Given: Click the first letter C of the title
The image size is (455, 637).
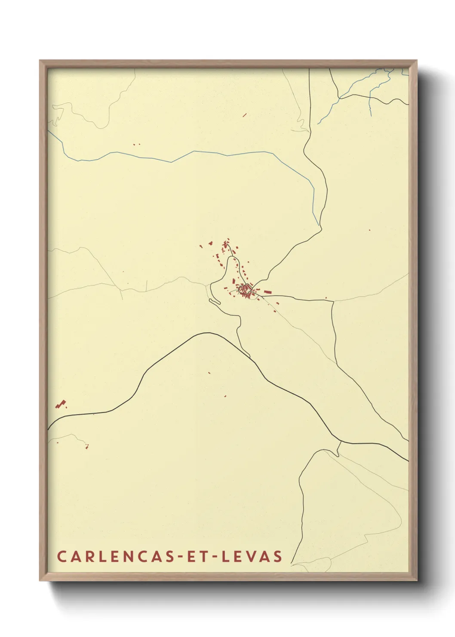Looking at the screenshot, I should pos(61,556).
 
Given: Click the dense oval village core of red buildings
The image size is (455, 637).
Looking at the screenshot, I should pos(245,289).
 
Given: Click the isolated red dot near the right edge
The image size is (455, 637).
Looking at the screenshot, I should pos(369,230).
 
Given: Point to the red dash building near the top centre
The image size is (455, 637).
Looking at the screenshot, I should pos(244,115).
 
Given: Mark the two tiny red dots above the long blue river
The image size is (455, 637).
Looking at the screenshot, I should pos(137,145).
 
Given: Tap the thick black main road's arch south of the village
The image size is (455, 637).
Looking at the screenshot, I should pos(206,333).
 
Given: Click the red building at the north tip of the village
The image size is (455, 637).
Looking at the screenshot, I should pos(228,239).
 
